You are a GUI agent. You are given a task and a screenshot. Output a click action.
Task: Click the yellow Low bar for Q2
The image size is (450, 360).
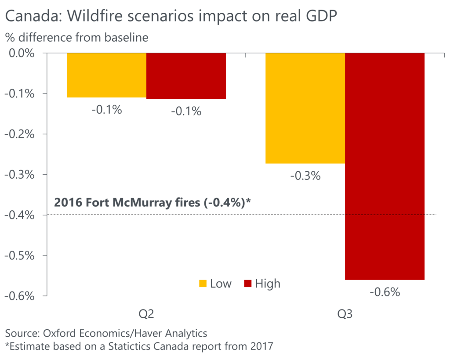106,75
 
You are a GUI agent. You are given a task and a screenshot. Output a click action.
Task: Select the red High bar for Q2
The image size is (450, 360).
186,76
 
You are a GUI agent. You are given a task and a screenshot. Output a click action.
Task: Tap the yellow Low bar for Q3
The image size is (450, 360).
305,108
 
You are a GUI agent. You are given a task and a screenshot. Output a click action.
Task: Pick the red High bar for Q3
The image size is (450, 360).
385,166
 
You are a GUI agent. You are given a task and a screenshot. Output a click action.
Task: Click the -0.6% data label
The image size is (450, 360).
385,292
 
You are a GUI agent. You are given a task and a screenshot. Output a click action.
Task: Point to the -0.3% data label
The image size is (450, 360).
305,176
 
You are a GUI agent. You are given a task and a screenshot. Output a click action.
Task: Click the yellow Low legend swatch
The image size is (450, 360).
203,284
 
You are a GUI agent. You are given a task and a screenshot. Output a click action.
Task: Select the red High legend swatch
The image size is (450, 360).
247,284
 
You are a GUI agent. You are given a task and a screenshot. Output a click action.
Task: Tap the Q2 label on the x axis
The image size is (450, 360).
146,315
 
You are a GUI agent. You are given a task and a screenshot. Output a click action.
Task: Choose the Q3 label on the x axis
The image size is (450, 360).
345,315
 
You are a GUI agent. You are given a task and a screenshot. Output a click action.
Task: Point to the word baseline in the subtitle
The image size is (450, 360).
126,38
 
